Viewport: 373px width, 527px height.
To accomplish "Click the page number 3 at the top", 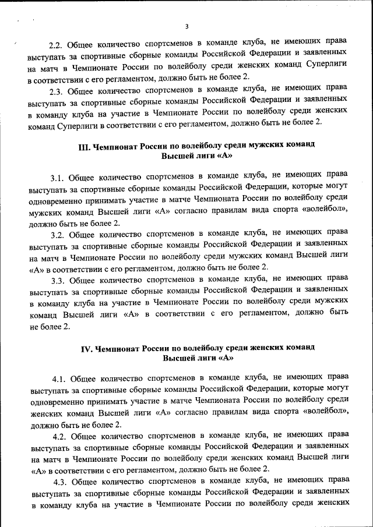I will click(186, 26).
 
